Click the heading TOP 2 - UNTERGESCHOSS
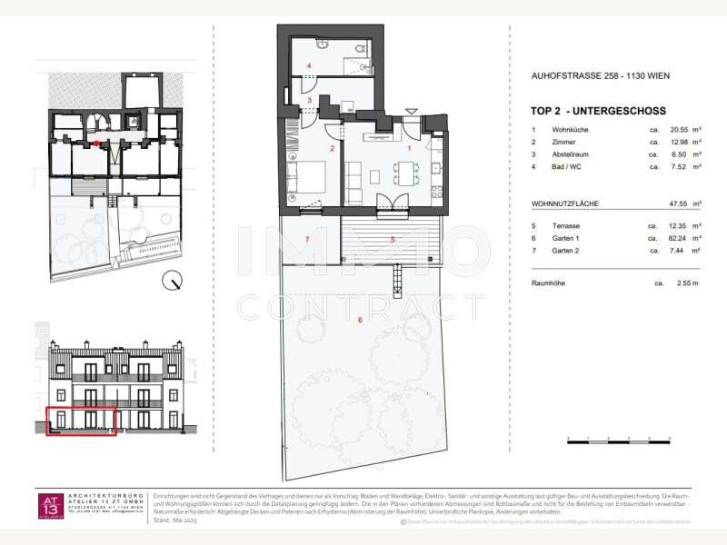pos(597,110)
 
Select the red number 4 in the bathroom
pos(309,65)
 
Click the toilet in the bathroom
pos(362,46)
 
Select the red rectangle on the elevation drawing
pos(81,421)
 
